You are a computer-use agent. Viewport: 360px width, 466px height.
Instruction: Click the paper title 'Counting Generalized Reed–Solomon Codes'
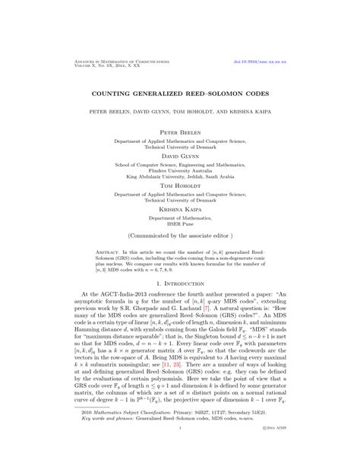pyautogui.click(x=180, y=94)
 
